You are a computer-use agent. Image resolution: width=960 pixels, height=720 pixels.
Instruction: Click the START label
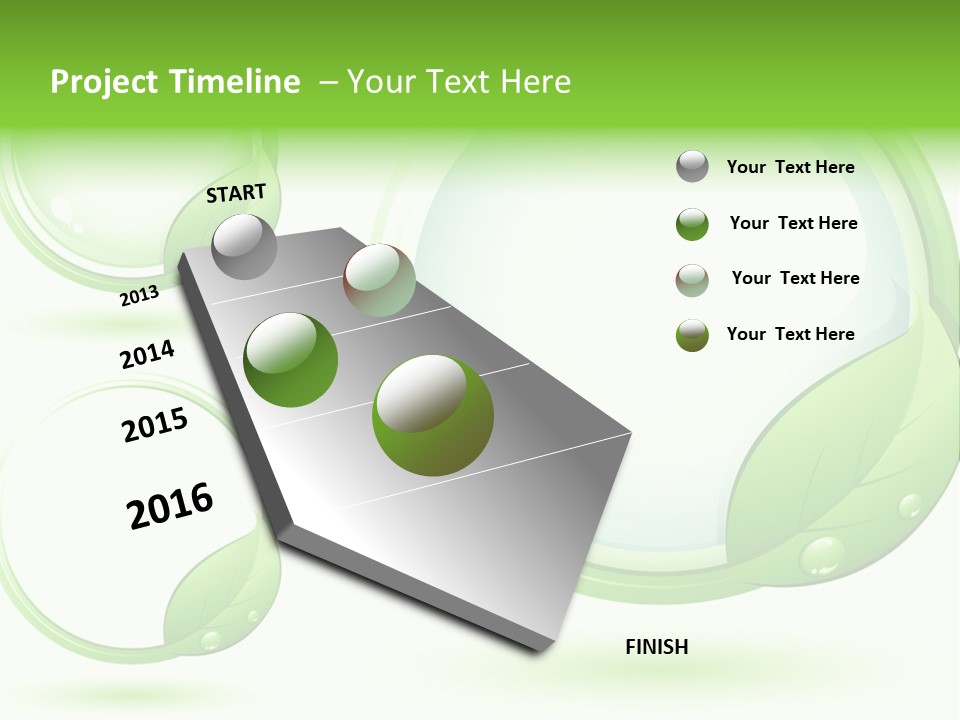point(236,193)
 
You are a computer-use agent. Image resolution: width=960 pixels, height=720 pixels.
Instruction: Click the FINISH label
point(657,647)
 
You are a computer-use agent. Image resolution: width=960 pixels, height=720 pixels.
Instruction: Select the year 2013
point(139,295)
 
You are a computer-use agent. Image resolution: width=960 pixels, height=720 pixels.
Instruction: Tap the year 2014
point(147,354)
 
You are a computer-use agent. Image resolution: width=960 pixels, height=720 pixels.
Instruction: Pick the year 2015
point(155,425)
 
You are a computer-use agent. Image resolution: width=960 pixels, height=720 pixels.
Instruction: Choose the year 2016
point(170,505)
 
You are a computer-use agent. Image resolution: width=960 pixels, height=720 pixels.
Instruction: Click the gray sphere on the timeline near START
point(245,247)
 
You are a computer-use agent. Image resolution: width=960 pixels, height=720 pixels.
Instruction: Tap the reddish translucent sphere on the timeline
point(379,280)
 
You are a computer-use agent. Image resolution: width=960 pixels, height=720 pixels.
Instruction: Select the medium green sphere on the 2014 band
point(291,360)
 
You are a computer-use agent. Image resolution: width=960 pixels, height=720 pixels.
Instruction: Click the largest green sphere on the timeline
point(433,414)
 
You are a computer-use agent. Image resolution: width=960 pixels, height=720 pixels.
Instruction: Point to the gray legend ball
point(692,166)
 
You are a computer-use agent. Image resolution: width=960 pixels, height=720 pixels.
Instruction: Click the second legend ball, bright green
point(692,224)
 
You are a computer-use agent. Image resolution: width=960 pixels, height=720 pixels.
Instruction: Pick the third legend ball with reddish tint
point(692,280)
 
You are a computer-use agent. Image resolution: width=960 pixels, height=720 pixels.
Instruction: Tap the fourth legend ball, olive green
point(692,335)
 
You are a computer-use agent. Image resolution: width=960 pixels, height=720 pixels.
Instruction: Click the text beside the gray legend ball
point(790,167)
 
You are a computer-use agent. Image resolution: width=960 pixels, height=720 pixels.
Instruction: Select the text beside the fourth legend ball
point(790,334)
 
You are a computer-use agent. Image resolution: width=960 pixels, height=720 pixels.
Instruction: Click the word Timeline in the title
point(231,82)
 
